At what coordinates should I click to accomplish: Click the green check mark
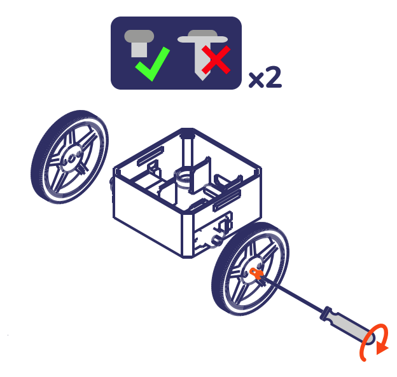152,64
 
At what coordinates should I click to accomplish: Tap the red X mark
216,60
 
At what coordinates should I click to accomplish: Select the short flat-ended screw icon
139,43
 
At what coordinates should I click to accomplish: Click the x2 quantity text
265,77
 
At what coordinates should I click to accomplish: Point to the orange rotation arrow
374,342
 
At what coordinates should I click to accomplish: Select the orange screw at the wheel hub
256,273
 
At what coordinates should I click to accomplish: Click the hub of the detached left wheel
72,159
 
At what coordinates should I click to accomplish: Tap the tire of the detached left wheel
70,157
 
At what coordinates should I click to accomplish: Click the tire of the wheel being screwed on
251,269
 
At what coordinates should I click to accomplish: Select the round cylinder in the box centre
183,180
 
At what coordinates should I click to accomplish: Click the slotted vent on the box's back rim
150,156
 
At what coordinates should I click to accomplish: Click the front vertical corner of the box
188,235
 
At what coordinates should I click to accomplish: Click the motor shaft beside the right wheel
217,239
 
